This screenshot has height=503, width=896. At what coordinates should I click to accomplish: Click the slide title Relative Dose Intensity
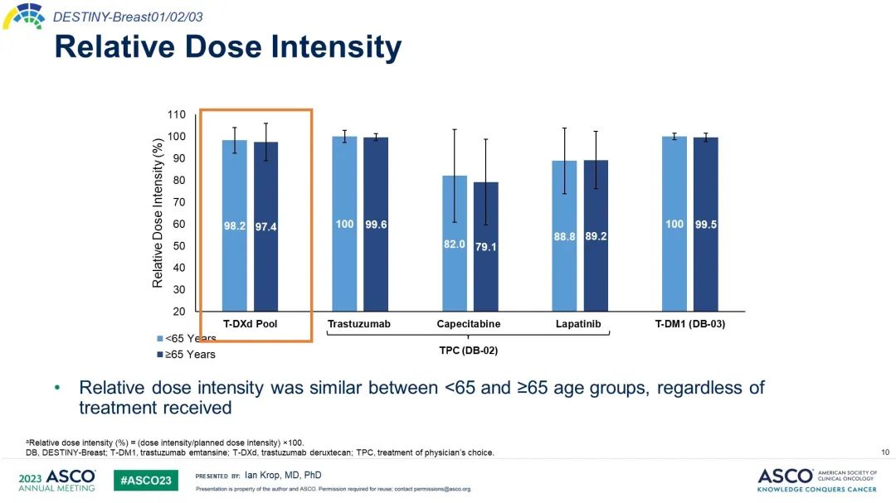(x=227, y=47)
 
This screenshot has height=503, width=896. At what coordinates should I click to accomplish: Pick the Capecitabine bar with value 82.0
(x=454, y=244)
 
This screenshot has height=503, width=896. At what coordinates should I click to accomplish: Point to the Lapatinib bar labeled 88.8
(x=564, y=236)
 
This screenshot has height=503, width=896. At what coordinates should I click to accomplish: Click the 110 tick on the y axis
(x=176, y=114)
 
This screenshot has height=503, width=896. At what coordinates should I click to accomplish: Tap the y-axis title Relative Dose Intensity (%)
(x=158, y=213)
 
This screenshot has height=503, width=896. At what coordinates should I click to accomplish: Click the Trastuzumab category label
(x=358, y=324)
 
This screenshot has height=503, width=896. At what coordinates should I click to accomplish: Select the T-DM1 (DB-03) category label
(x=690, y=324)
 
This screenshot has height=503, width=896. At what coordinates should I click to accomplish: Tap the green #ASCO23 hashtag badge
(x=145, y=481)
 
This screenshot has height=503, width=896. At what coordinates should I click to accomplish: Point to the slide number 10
(x=885, y=452)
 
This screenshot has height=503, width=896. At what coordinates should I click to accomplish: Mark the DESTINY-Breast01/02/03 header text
(x=128, y=17)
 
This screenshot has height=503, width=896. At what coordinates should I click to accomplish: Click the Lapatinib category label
(x=578, y=324)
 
